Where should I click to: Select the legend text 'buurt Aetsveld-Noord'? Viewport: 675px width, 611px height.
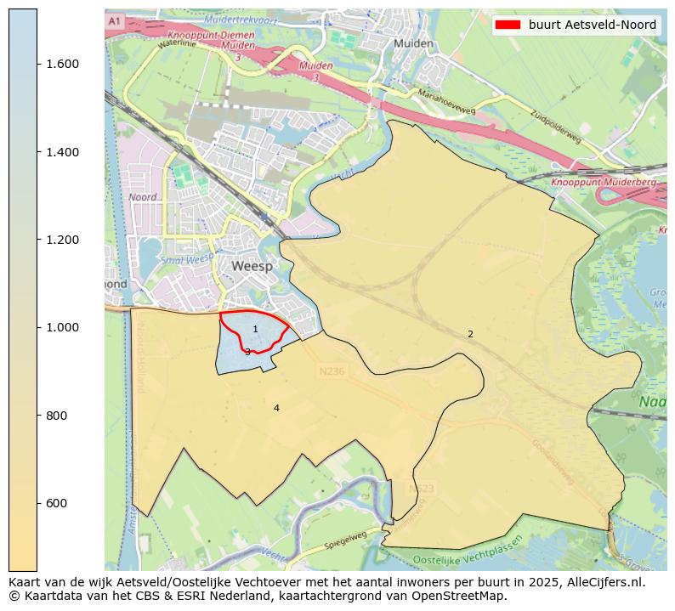[592, 25]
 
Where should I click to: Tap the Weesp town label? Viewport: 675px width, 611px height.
[252, 266]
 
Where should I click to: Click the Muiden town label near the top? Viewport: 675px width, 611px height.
[414, 43]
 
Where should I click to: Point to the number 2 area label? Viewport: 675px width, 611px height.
[470, 335]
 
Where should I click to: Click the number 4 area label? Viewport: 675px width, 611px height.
[276, 409]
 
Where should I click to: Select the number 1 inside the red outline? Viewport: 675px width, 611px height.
[255, 329]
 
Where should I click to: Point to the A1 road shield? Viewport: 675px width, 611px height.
[116, 20]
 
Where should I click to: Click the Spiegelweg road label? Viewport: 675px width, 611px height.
[345, 540]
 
